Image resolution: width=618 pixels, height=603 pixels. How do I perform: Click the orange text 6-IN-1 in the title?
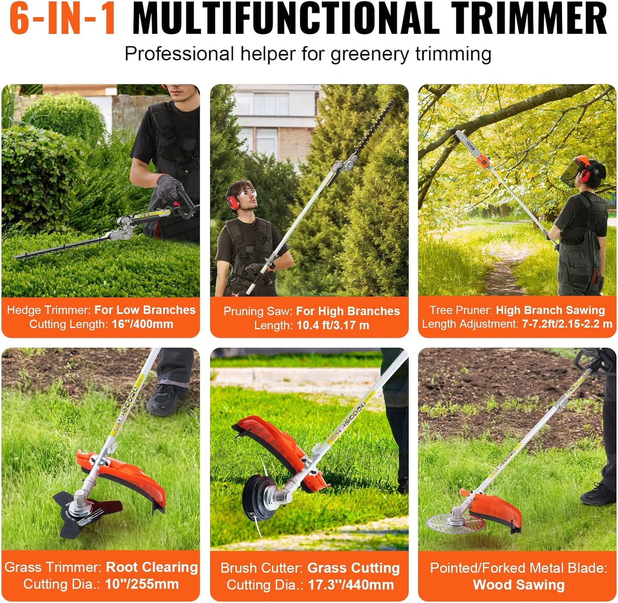tap(62, 19)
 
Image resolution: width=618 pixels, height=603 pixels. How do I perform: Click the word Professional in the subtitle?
tap(179, 54)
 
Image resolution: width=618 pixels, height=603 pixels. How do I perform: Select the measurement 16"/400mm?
tap(142, 324)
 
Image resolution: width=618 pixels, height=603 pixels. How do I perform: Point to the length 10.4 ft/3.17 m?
tap(333, 325)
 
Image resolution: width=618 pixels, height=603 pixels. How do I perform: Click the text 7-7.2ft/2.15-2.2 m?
tap(567, 324)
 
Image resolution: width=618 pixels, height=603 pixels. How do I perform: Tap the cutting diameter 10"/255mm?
tap(142, 585)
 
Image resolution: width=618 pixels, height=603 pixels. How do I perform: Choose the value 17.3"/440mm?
tap(351, 585)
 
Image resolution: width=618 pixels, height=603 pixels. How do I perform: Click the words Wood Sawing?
tap(518, 585)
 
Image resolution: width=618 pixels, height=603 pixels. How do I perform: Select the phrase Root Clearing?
tap(152, 567)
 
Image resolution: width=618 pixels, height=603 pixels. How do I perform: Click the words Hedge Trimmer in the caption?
tap(48, 310)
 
